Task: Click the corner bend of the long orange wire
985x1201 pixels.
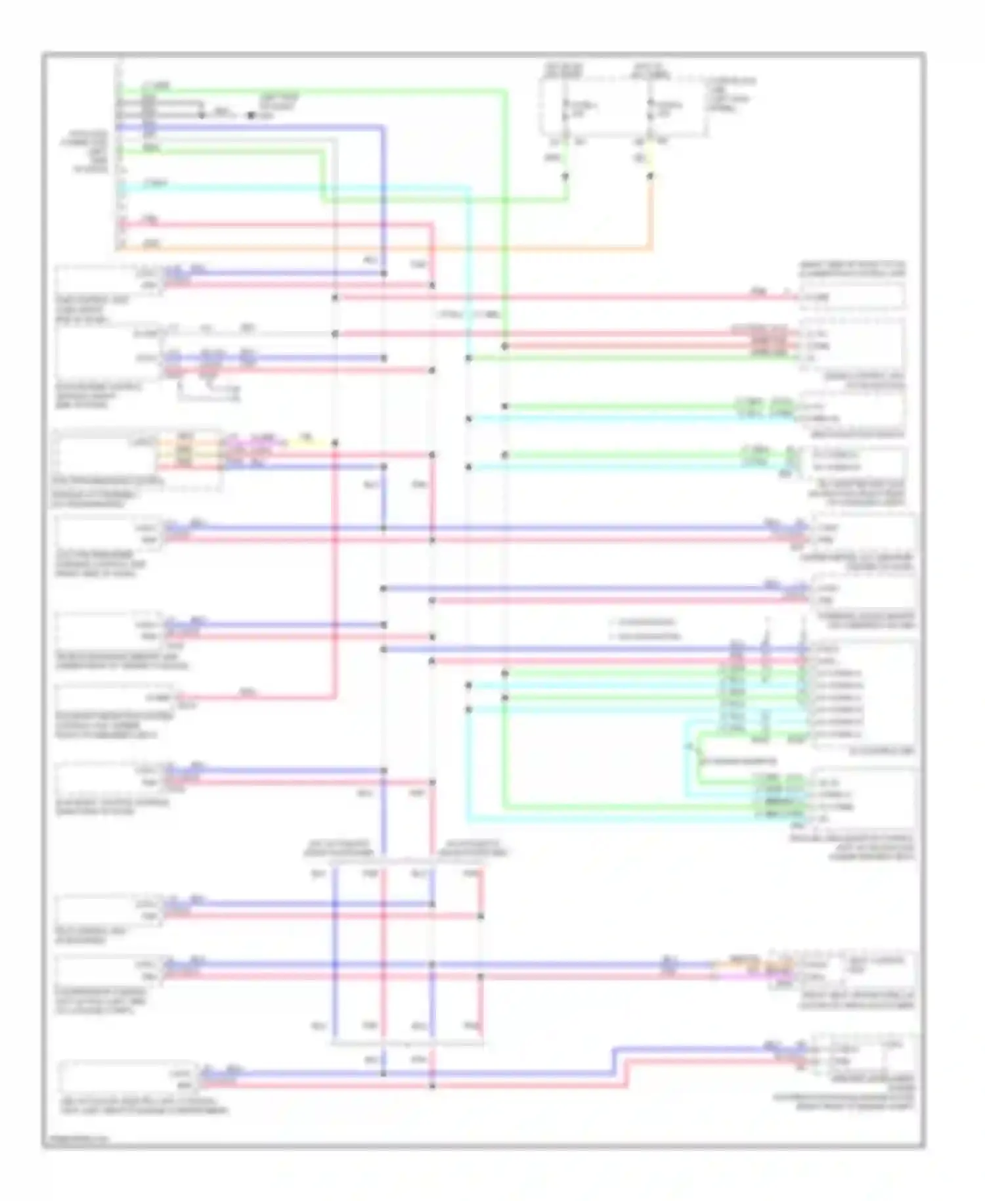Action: [651, 248]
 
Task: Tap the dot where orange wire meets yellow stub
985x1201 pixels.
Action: [651, 176]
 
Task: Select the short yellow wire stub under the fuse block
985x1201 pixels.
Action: [650, 158]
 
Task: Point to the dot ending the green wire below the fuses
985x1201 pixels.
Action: [565, 176]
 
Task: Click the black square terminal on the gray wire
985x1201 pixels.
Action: [250, 115]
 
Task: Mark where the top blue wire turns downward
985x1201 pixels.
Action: [383, 127]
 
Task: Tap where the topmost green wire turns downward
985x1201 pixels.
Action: [504, 92]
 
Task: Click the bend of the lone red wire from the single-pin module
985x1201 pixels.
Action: [335, 697]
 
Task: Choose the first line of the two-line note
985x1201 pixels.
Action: [644, 622]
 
